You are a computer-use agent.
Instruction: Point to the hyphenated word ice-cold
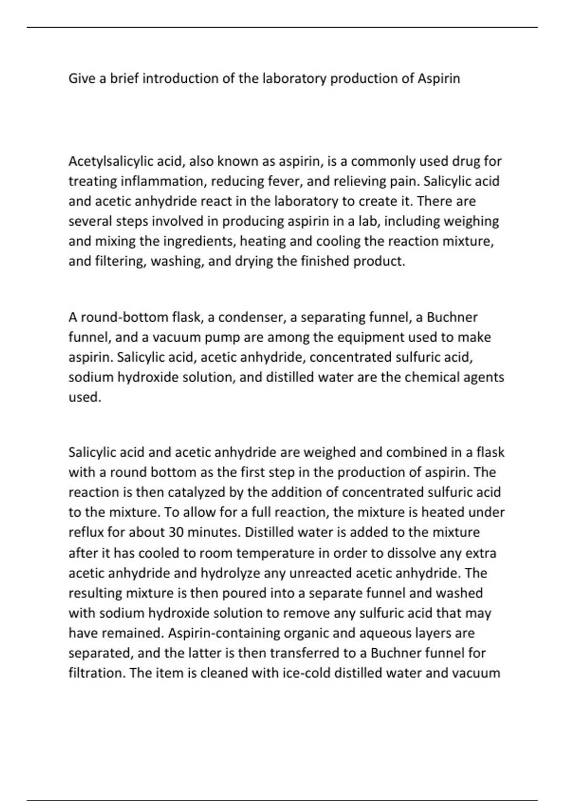(x=306, y=673)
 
